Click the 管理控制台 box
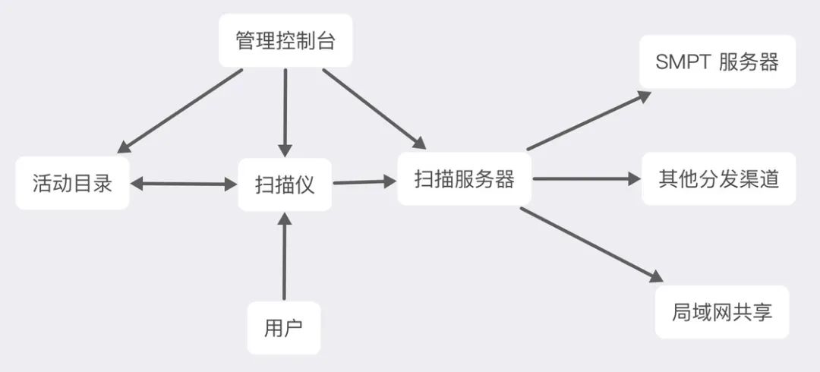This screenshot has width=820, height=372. [x=285, y=40]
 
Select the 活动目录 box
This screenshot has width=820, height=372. [x=72, y=183]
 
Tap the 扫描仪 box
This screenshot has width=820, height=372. [x=285, y=184]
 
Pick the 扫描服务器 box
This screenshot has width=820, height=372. [x=464, y=179]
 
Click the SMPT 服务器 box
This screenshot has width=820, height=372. [x=717, y=61]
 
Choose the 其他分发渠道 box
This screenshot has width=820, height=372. [x=718, y=179]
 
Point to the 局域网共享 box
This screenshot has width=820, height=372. [x=721, y=311]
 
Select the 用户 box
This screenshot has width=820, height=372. [x=284, y=328]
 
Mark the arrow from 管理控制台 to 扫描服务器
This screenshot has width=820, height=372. [x=373, y=108]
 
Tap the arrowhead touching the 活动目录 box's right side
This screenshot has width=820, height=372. [x=139, y=183]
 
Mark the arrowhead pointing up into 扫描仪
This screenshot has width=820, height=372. [x=284, y=219]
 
